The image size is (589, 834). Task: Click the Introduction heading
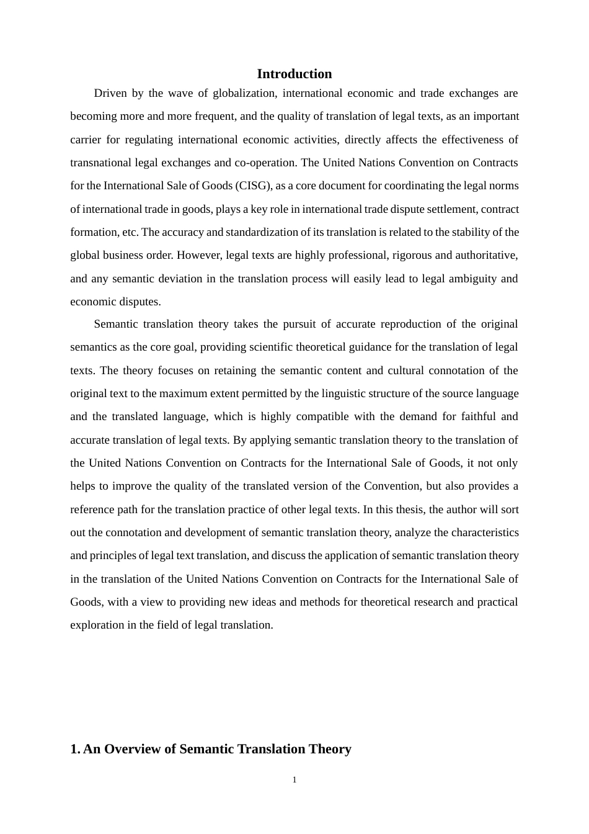(294, 74)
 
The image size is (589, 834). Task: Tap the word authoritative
(486, 255)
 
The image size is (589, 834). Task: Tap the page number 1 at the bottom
(294, 780)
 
